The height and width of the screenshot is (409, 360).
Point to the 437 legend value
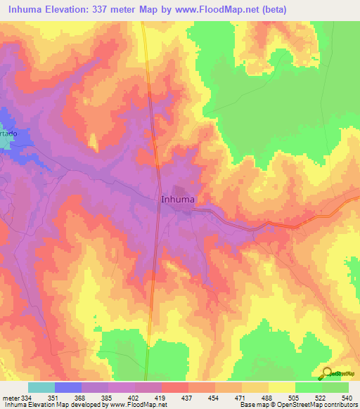[x=186, y=398]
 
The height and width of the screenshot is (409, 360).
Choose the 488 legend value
[x=266, y=398]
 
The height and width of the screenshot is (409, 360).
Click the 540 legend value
[x=346, y=398]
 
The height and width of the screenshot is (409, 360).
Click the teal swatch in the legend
[x=41, y=387]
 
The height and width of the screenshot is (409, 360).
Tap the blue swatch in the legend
[x=67, y=387]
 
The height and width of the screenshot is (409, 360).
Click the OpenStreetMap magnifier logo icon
[x=327, y=374]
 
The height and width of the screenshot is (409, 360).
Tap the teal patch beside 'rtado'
[x=4, y=142]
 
